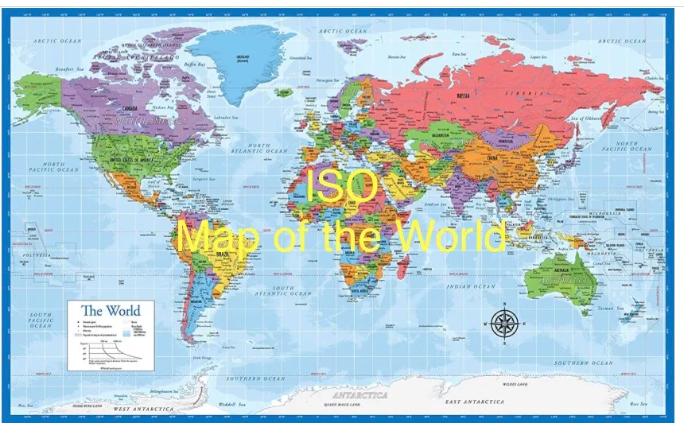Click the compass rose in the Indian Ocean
(504, 322)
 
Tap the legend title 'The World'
(111, 310)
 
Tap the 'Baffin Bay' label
(196, 64)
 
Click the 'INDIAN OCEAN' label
(472, 285)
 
